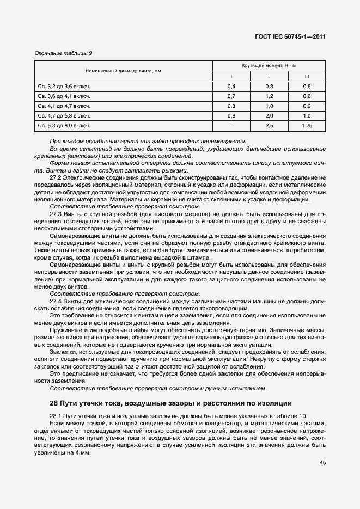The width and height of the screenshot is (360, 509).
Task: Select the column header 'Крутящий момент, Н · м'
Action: (269, 65)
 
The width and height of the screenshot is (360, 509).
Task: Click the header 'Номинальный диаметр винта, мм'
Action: (123, 71)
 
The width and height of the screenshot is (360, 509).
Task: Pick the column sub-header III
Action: (307, 76)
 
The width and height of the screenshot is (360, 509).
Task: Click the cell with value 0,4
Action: (231, 87)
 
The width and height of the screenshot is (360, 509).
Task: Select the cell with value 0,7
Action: (231, 96)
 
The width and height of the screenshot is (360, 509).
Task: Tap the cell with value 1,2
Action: (269, 96)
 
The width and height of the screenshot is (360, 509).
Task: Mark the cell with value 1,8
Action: (269, 106)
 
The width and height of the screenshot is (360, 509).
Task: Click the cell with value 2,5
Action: (269, 126)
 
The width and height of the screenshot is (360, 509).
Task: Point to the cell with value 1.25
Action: (307, 126)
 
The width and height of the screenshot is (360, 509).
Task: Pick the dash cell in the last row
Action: (231, 126)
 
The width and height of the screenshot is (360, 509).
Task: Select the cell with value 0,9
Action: (307, 106)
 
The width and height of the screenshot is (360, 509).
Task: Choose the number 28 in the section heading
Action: (53, 403)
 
